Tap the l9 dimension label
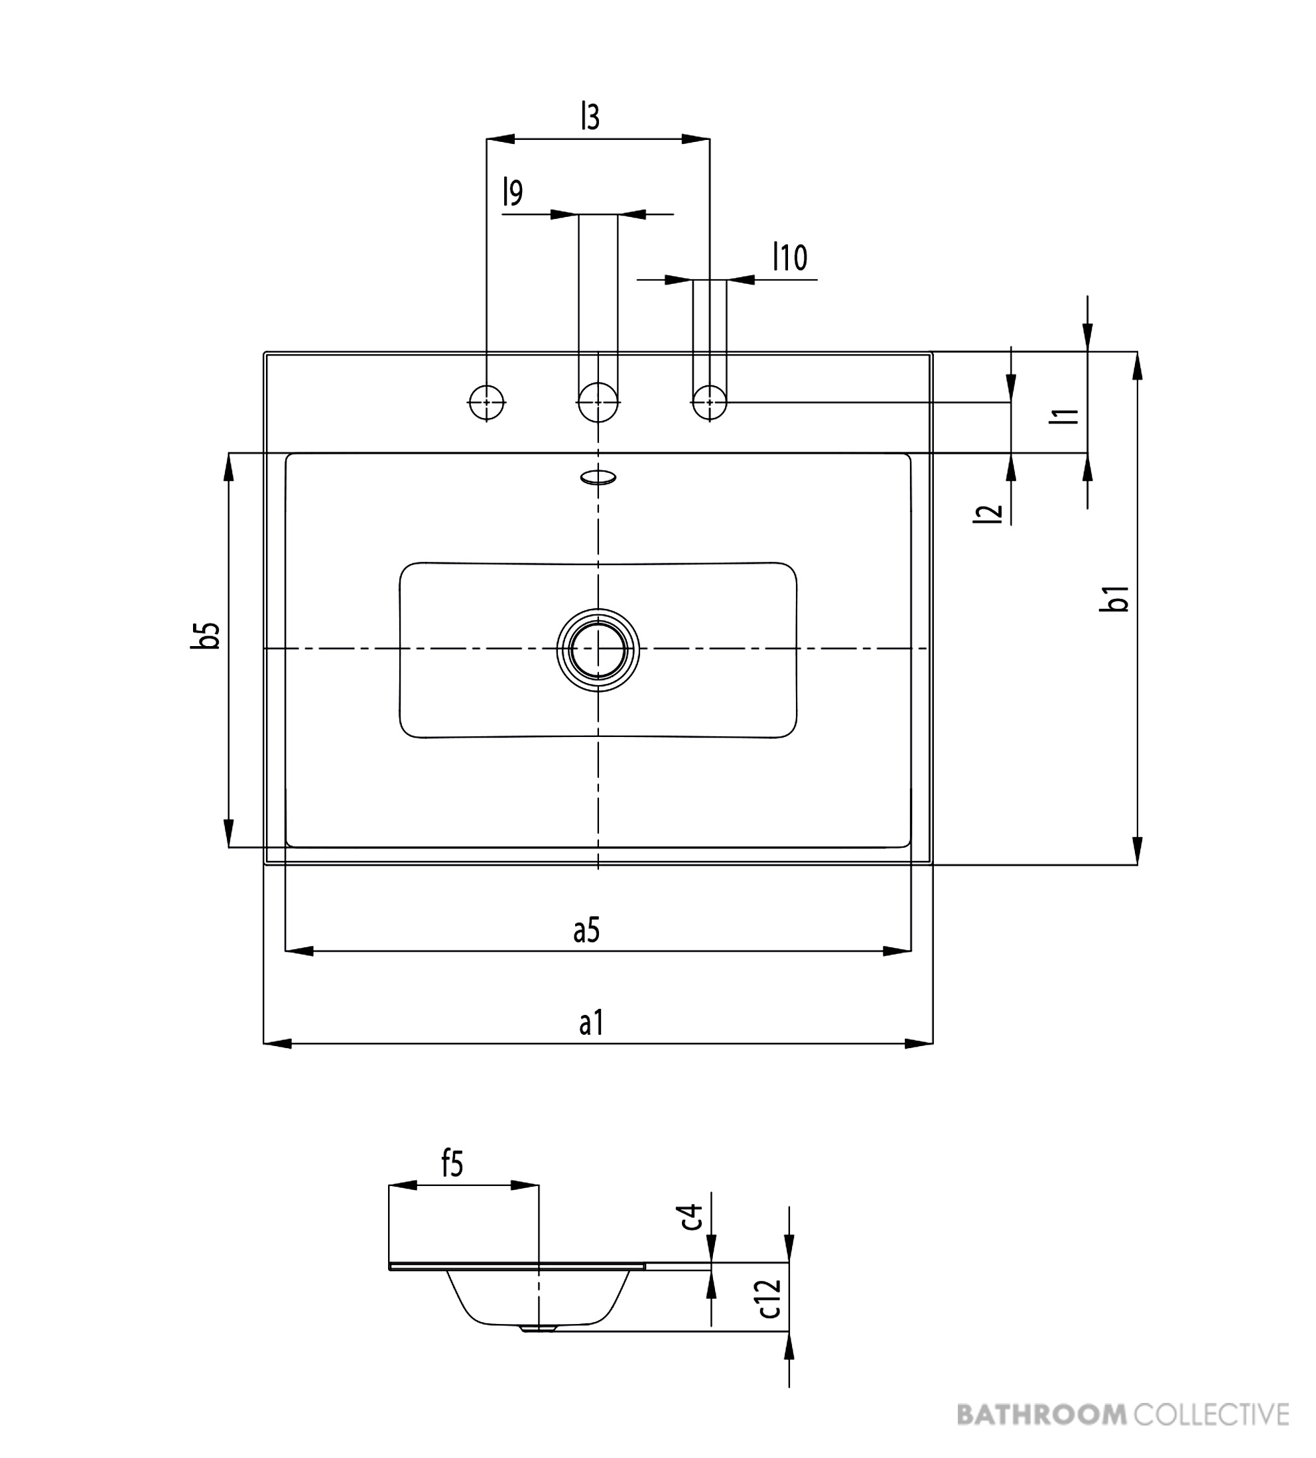513,192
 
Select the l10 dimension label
790,257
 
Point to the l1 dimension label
1065,415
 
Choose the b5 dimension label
206,635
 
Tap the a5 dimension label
586,930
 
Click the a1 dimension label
591,1023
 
